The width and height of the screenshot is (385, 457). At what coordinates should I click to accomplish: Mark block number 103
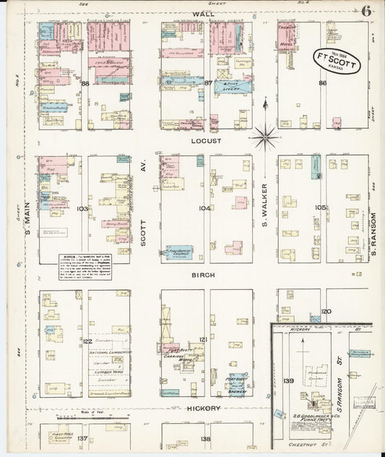pyautogui.click(x=83, y=209)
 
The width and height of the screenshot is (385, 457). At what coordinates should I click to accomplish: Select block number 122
pyautogui.click(x=88, y=341)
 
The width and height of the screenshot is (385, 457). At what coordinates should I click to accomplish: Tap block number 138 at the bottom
pyautogui.click(x=205, y=439)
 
